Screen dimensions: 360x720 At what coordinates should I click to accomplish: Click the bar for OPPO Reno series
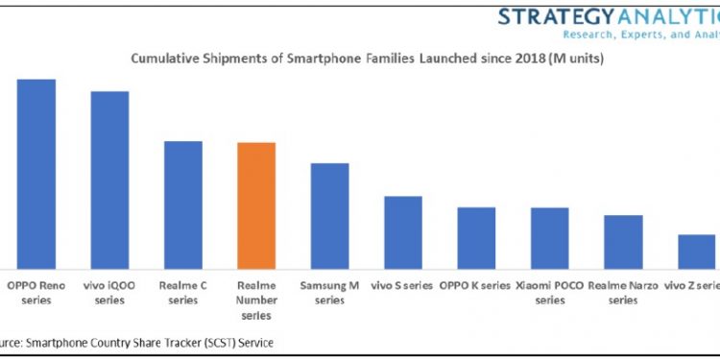pos(36,174)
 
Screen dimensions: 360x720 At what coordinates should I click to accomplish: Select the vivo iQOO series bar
pos(109,180)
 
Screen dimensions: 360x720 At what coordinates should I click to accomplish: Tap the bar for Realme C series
pos(183,204)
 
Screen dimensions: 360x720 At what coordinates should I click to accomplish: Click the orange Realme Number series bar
pos(256,205)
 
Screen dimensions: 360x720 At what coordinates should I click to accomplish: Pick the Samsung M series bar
pos(329,216)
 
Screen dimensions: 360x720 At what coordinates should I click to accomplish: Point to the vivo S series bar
pos(403,232)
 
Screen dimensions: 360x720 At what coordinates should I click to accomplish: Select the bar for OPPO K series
pos(476,238)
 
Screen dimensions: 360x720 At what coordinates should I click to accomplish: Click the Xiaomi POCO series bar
pos(549,238)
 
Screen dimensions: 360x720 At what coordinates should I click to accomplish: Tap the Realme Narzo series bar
pos(623,242)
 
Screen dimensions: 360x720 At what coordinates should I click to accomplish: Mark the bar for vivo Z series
pos(696,252)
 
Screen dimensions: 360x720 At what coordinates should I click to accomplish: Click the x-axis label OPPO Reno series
pos(36,292)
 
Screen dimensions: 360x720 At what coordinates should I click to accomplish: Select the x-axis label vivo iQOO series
pos(109,292)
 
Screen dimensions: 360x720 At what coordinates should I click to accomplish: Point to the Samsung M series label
pos(329,292)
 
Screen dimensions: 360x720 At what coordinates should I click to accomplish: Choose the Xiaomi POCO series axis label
pos(549,292)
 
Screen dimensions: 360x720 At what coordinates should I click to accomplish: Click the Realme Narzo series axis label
pos(623,292)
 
